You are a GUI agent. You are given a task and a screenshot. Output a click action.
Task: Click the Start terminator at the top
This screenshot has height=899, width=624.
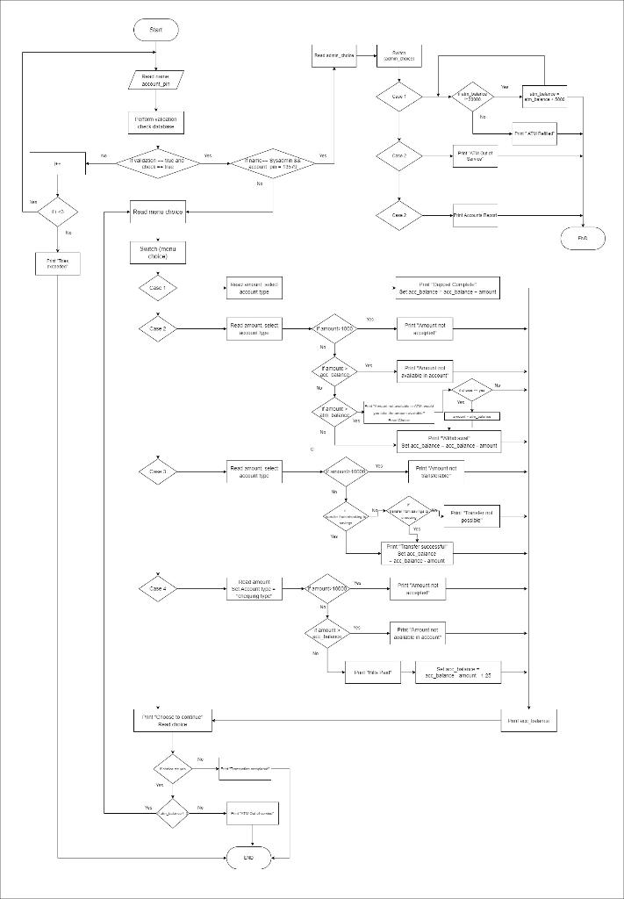155,30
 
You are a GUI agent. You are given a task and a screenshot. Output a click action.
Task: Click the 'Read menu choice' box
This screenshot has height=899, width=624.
158,211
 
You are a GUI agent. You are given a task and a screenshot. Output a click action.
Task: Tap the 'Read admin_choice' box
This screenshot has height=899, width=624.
334,55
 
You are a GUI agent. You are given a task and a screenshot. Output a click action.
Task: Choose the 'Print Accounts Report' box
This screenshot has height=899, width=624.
475,214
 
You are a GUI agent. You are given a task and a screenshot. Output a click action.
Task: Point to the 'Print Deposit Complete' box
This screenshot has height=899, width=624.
448,288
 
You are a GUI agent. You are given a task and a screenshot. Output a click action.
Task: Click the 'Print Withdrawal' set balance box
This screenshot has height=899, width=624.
448,441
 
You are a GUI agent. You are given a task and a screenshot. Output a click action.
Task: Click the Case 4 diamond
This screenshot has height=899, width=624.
158,588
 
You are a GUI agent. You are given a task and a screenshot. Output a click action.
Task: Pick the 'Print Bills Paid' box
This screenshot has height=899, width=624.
372,672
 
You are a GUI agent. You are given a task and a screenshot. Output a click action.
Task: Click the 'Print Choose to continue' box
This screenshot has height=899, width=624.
172,721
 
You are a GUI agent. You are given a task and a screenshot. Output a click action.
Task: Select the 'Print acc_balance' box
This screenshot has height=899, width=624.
529,721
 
